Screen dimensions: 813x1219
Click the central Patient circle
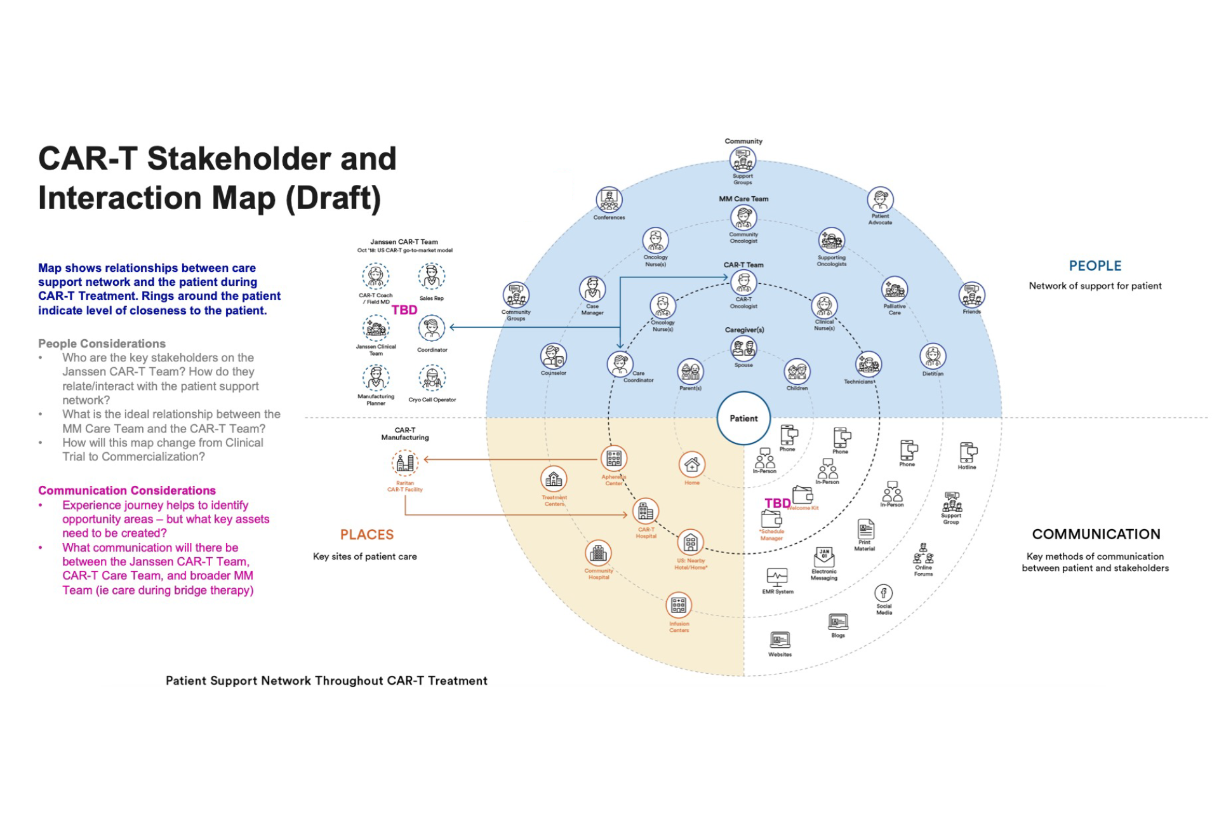(743, 418)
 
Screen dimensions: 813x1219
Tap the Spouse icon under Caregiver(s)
(743, 348)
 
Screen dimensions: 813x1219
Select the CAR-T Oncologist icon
(743, 283)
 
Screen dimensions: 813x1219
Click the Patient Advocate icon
(880, 200)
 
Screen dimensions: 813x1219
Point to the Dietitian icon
(933, 356)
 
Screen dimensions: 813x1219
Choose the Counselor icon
(553, 356)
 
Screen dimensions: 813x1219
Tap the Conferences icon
(609, 200)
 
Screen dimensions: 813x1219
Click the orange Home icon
(691, 465)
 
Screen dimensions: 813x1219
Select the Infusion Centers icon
(679, 605)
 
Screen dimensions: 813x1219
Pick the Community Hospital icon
(598, 553)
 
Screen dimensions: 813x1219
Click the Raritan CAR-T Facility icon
(405, 463)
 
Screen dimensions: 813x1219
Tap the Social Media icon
(883, 593)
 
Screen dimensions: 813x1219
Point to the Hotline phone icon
(968, 452)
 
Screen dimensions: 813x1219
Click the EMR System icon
(777, 577)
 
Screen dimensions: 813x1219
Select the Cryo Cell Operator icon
(432, 379)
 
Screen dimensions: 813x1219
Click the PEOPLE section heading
(1095, 266)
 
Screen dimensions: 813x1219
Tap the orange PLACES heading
(367, 535)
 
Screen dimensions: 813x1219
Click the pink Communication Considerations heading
(127, 490)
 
